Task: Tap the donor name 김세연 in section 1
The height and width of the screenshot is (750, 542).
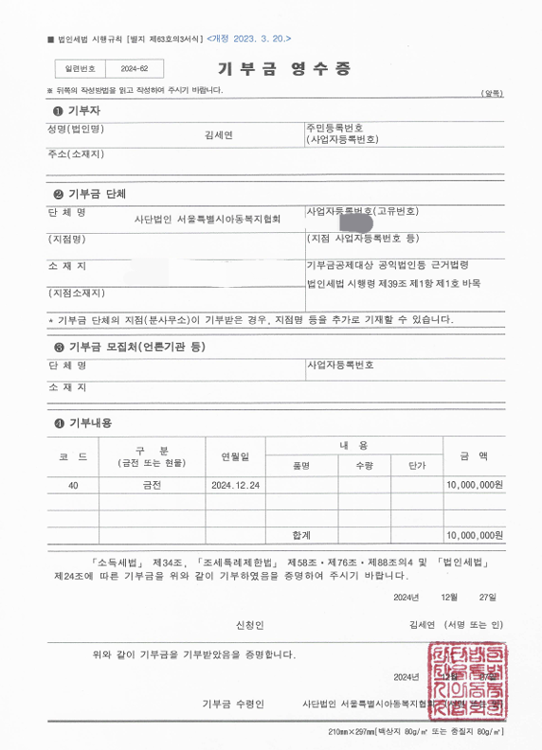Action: (219, 134)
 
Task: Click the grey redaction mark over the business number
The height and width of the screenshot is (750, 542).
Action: (356, 223)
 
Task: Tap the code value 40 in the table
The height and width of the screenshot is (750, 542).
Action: (74, 484)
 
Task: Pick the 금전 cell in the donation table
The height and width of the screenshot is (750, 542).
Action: (152, 484)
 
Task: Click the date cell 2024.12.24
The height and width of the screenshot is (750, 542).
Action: (237, 484)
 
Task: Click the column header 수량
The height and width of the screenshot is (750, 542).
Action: (365, 466)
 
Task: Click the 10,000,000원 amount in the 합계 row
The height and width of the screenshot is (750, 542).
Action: (474, 534)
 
